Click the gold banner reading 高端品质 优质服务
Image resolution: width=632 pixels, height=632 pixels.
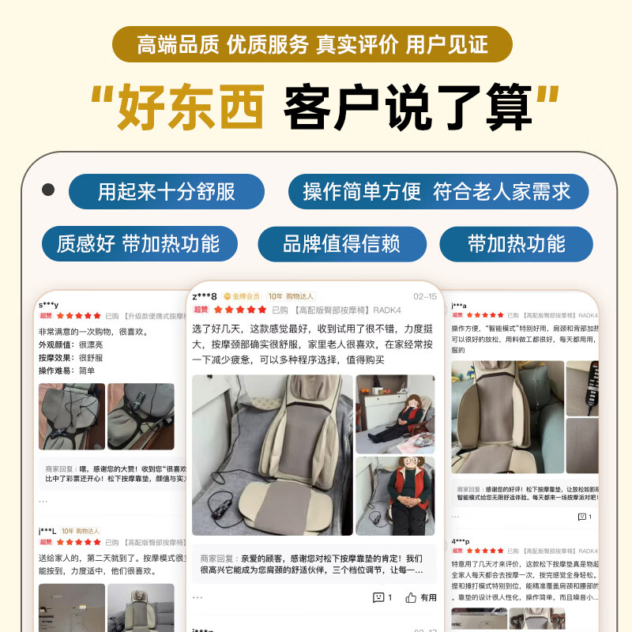point(312,44)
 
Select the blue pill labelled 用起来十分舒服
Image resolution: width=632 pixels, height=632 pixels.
point(166,192)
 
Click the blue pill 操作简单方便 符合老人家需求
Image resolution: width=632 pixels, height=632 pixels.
point(436,192)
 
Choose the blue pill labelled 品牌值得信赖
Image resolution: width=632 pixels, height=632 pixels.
point(341,243)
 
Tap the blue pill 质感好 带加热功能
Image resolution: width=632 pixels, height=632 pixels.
point(137,243)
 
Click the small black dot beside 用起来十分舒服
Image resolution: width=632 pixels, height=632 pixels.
point(48,190)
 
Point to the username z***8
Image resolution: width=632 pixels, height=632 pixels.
point(205,296)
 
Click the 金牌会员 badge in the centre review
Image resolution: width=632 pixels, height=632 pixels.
point(242,296)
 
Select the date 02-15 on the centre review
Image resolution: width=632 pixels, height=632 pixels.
point(425,296)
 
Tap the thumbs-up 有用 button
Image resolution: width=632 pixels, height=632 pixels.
point(421,597)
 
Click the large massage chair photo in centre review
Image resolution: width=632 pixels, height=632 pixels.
point(272,454)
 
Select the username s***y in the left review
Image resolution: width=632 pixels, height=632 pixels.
point(48,304)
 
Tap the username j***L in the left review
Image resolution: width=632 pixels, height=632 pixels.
point(47,531)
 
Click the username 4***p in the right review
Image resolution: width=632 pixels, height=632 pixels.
point(461,541)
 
